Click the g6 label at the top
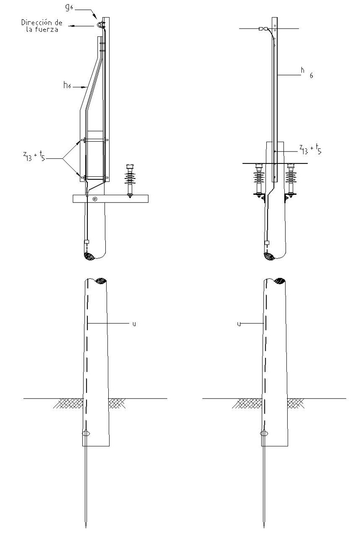pos(69,7)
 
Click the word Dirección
pos(36,22)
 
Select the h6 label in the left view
pos(67,85)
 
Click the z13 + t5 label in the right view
pos(310,149)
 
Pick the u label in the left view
pos(134,324)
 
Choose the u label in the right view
pos(239,324)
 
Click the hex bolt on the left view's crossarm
pos(95,199)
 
